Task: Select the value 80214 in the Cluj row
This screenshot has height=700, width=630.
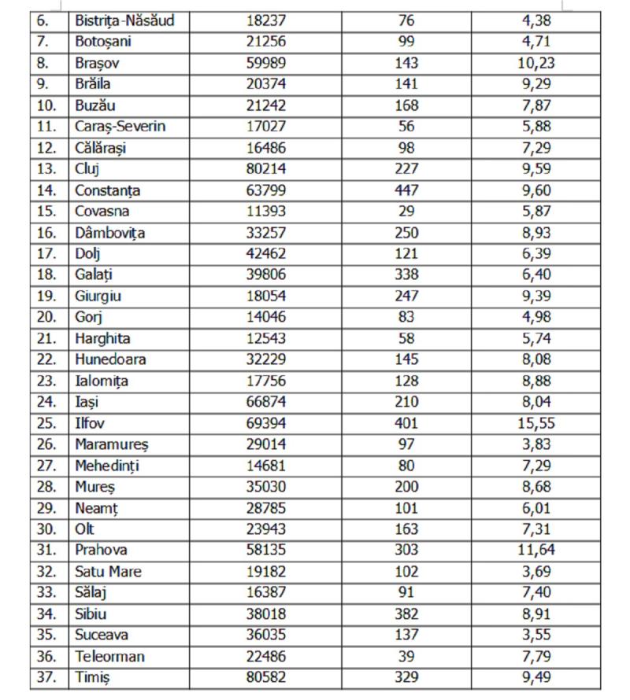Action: point(265,168)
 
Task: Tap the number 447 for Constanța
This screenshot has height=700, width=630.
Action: point(407,190)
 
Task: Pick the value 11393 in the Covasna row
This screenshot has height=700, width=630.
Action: point(265,211)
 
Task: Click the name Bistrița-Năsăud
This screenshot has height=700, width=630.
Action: point(124,20)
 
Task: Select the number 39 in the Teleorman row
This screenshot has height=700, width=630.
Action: point(407,656)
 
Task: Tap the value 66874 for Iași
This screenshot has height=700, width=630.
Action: point(265,402)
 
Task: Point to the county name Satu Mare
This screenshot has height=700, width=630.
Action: point(108,571)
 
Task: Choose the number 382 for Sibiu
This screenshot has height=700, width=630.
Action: point(407,613)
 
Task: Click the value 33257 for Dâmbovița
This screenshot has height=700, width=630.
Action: point(265,232)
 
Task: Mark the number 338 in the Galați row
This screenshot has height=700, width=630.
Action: point(407,274)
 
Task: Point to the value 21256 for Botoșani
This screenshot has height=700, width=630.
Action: point(265,42)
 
